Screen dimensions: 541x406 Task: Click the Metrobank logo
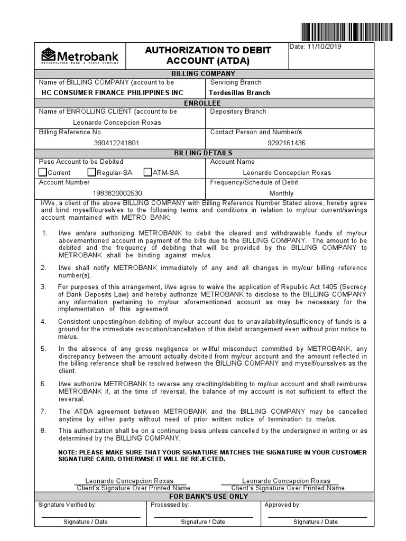pyautogui.click(x=80, y=56)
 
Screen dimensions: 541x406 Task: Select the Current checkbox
pyautogui.click(x=43, y=172)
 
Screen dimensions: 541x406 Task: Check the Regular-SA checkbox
pyautogui.click(x=91, y=172)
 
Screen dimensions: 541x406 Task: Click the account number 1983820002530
pyautogui.click(x=117, y=193)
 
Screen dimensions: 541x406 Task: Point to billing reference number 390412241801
pyautogui.click(x=117, y=143)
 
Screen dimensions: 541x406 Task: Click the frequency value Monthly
pyautogui.click(x=281, y=193)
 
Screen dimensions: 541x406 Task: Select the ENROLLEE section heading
pyautogui.click(x=204, y=102)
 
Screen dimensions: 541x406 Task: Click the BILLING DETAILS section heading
pyautogui.click(x=204, y=153)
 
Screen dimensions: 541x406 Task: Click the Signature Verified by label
pyautogui.click(x=67, y=505)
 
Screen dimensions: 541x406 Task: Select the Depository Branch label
pyautogui.click(x=238, y=111)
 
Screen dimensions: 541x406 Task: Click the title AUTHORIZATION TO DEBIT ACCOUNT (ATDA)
pyautogui.click(x=208, y=55)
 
